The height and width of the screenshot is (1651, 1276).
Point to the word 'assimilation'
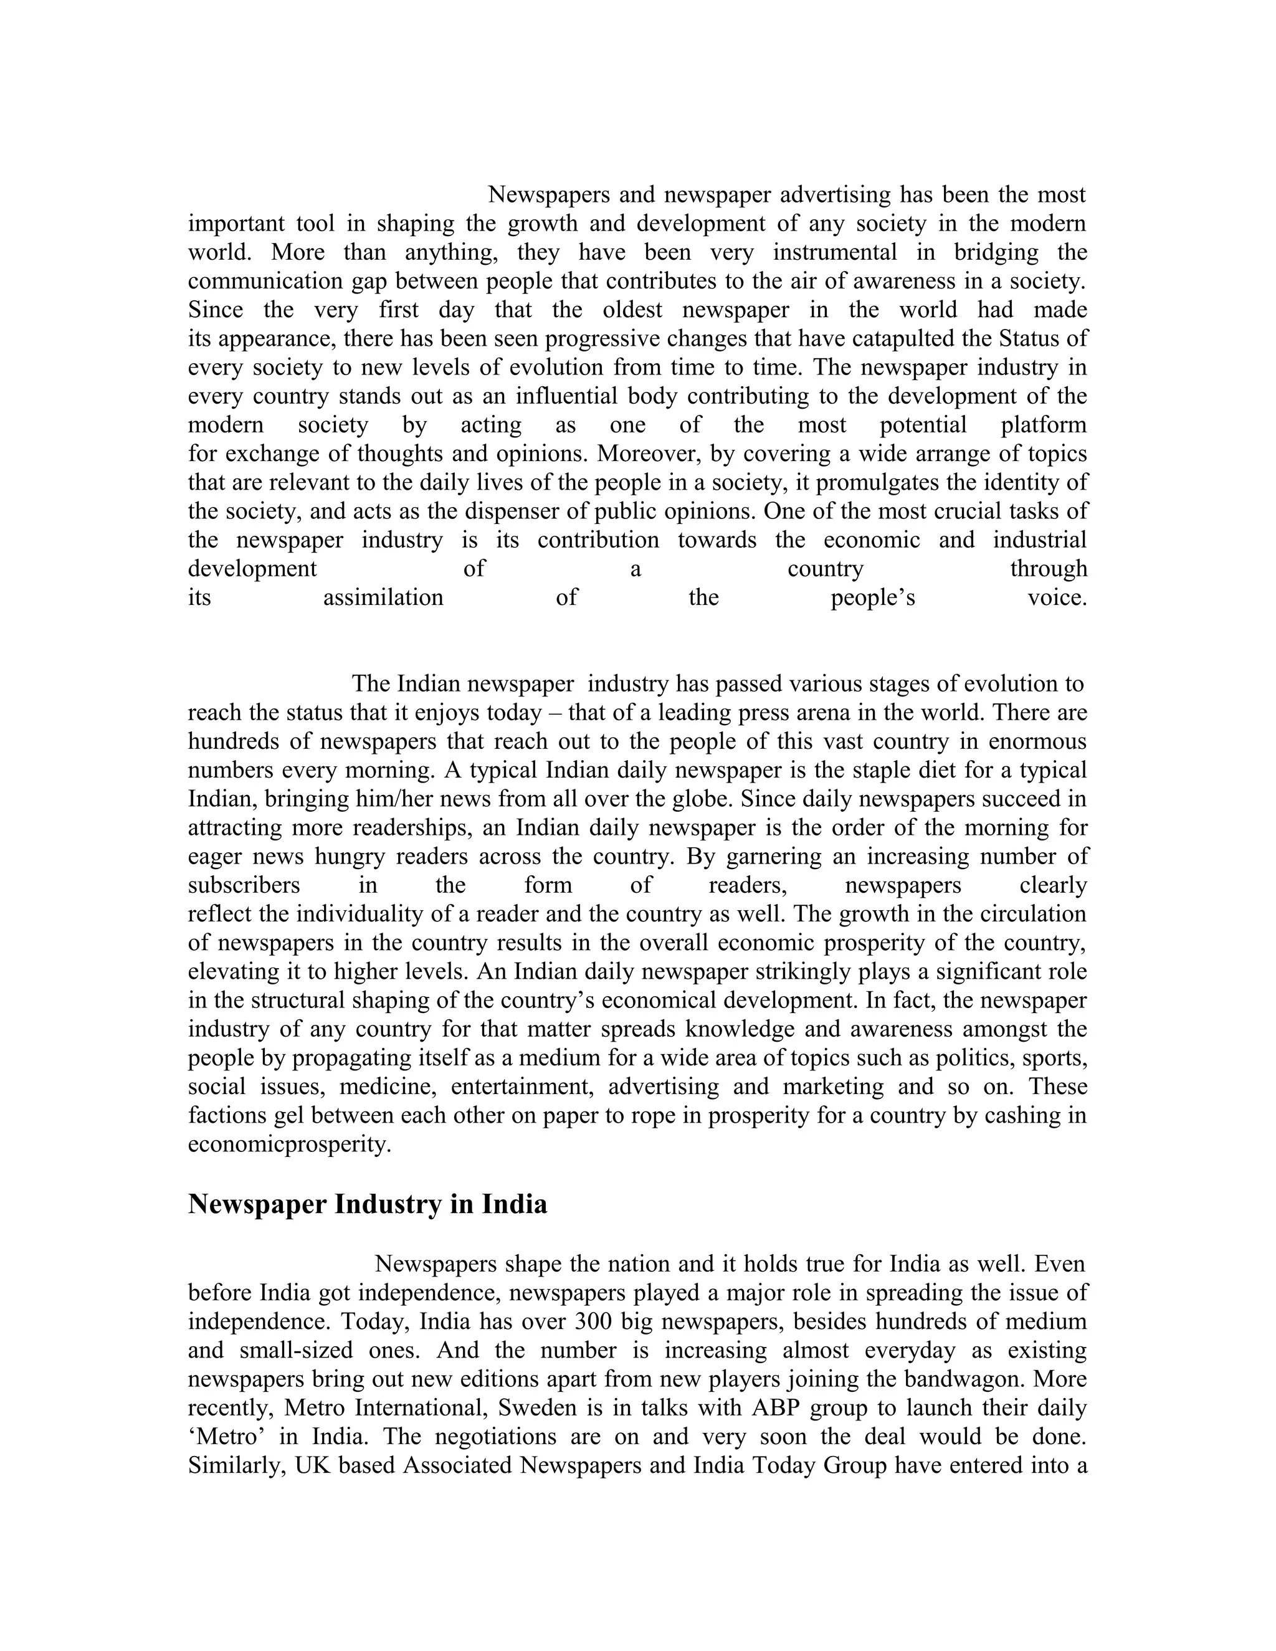pos(383,598)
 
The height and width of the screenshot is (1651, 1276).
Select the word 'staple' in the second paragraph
pos(895,770)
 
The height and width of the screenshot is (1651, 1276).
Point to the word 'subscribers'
pos(244,885)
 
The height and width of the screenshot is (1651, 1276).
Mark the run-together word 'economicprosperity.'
pos(290,1144)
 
